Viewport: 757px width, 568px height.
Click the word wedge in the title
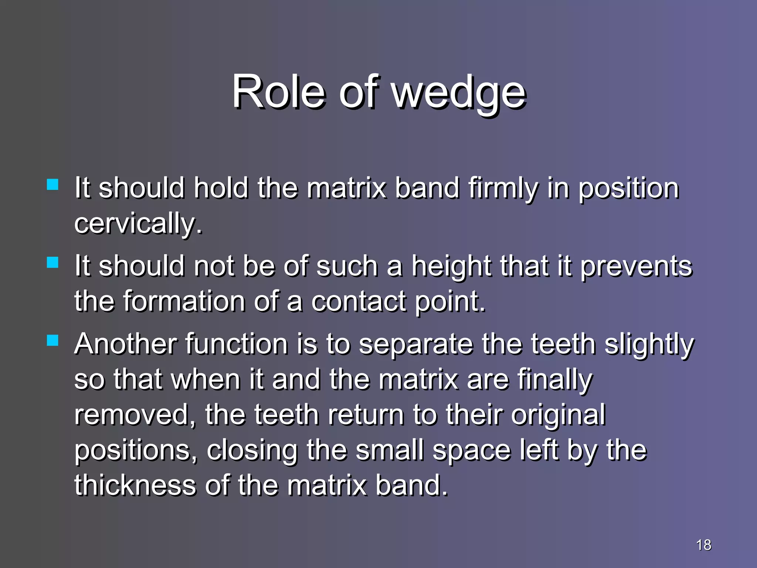(x=458, y=92)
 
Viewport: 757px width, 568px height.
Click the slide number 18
(x=703, y=545)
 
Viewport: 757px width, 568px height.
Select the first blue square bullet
(x=53, y=185)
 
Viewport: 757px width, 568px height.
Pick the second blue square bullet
(x=53, y=262)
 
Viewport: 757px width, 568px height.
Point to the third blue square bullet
(x=53, y=340)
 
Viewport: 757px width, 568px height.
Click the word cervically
(x=138, y=224)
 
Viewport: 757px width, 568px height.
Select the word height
(x=452, y=266)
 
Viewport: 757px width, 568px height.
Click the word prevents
(x=636, y=266)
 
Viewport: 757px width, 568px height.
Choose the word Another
(x=125, y=344)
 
